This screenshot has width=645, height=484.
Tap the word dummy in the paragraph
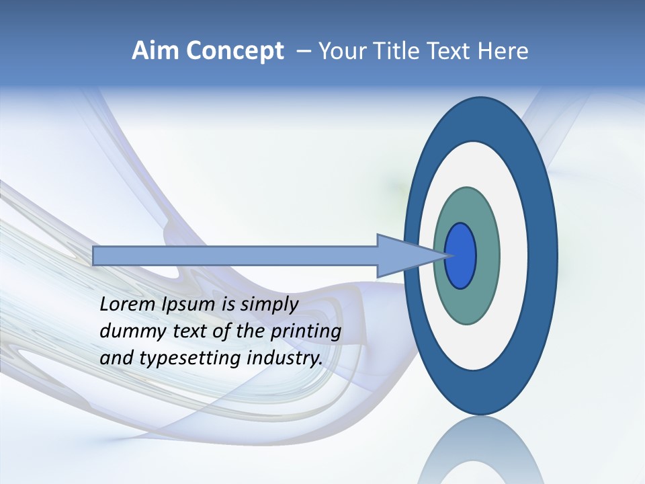[128, 332]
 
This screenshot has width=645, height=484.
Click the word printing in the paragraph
[306, 332]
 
